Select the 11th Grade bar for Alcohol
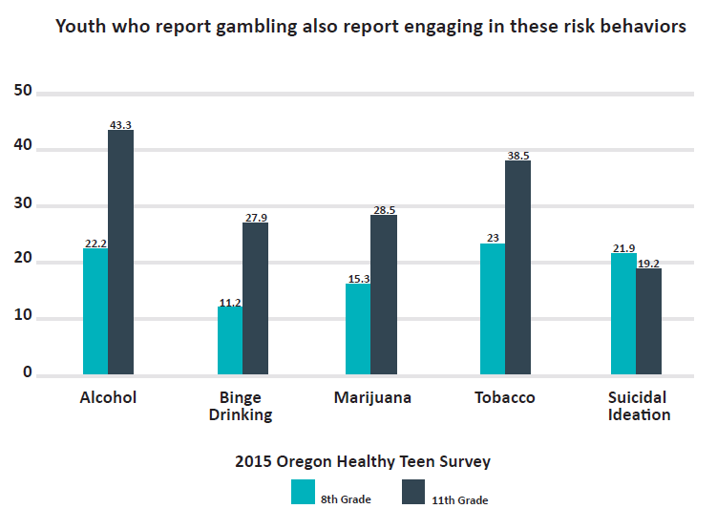click(x=120, y=252)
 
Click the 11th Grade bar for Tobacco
click(x=517, y=266)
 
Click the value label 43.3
click(x=121, y=124)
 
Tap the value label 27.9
click(x=256, y=218)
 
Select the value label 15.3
click(x=358, y=278)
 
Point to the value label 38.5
click(x=517, y=155)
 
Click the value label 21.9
click(x=623, y=248)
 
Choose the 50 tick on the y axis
click(x=22, y=92)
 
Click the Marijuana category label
click(x=372, y=397)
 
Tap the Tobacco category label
click(x=504, y=397)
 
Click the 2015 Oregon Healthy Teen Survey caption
click(x=363, y=461)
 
